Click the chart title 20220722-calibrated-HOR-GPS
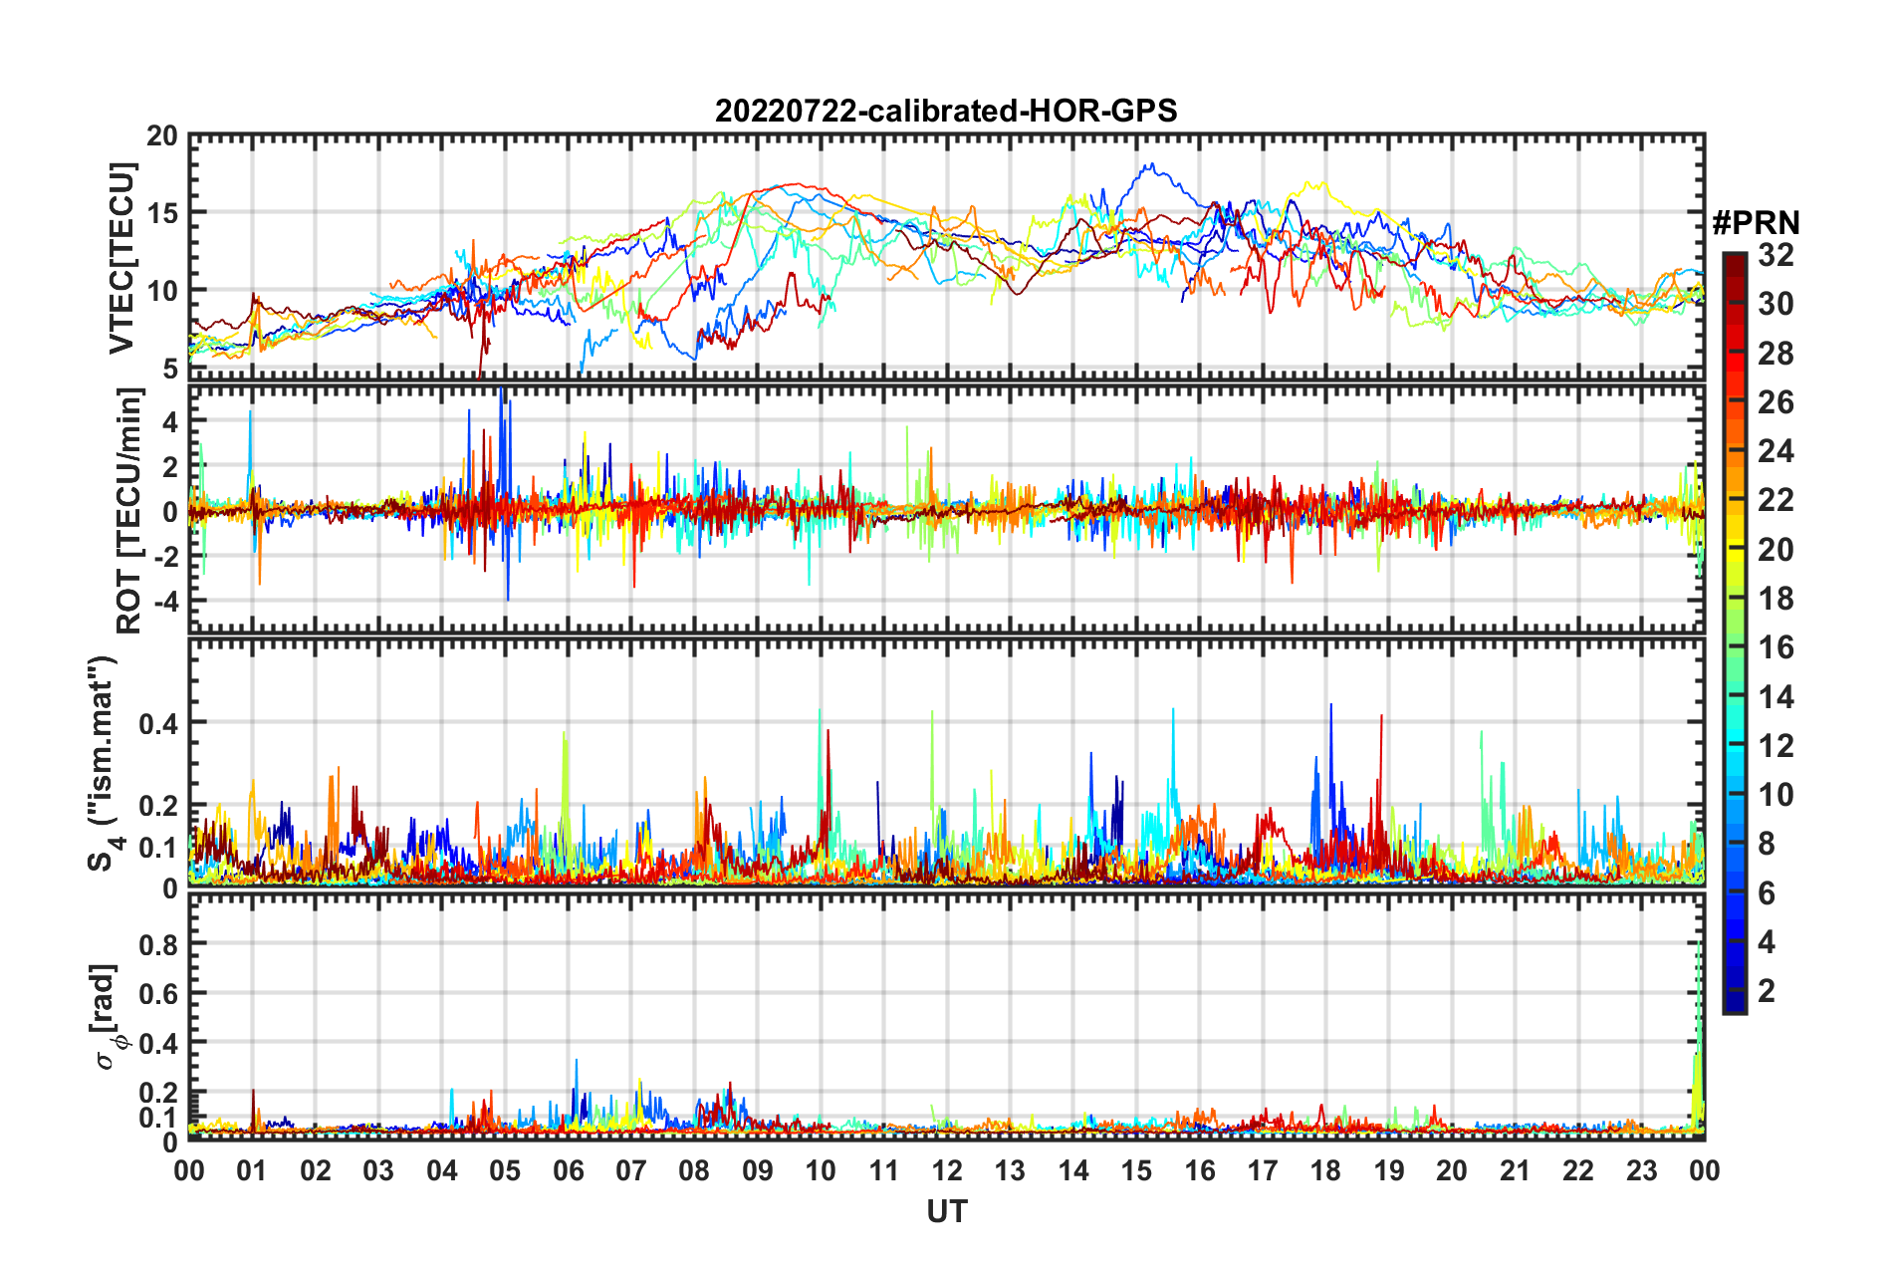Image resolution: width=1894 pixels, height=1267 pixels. [946, 111]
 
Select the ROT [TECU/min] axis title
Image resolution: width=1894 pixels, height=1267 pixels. [129, 510]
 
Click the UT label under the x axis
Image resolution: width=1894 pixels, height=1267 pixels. [946, 1212]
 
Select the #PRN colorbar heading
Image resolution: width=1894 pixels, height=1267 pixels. [1755, 222]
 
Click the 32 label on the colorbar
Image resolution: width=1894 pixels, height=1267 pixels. [1776, 256]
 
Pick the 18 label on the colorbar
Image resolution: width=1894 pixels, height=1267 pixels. [1776, 599]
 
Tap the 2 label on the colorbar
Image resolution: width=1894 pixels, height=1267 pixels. [1768, 991]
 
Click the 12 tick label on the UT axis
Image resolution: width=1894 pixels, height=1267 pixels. [947, 1171]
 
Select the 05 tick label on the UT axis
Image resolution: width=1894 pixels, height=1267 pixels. [505, 1171]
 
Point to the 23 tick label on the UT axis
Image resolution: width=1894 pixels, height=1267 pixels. [1641, 1171]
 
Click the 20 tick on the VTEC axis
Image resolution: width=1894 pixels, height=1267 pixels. [162, 136]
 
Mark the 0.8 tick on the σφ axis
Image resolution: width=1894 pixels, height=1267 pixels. [159, 944]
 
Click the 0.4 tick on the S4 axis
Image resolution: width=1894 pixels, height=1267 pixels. [159, 723]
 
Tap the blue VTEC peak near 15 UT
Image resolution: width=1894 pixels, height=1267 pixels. [1151, 166]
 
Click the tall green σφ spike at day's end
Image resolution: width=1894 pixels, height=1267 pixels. [1698, 956]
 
